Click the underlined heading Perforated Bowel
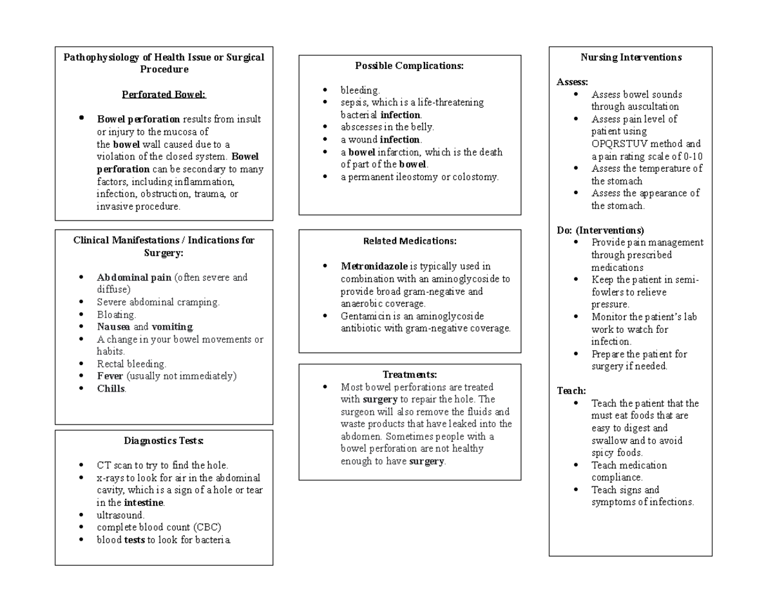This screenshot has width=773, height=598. [x=164, y=95]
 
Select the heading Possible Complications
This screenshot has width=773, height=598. [x=409, y=65]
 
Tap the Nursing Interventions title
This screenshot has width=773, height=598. [x=631, y=57]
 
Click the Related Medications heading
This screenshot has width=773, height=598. [x=410, y=241]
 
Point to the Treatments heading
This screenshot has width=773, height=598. [x=410, y=374]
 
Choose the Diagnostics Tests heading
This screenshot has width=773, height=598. [x=164, y=441]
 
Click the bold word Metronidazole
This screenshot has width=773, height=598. [x=374, y=266]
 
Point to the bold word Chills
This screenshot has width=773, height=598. [x=111, y=388]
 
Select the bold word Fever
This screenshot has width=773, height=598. [x=110, y=376]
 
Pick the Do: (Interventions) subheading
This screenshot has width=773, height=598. [x=600, y=230]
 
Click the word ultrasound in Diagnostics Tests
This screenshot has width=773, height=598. [x=120, y=515]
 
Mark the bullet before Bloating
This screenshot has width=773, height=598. [x=81, y=315]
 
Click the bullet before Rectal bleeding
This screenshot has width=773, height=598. [x=81, y=364]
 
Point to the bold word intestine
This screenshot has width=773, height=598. [x=144, y=503]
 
